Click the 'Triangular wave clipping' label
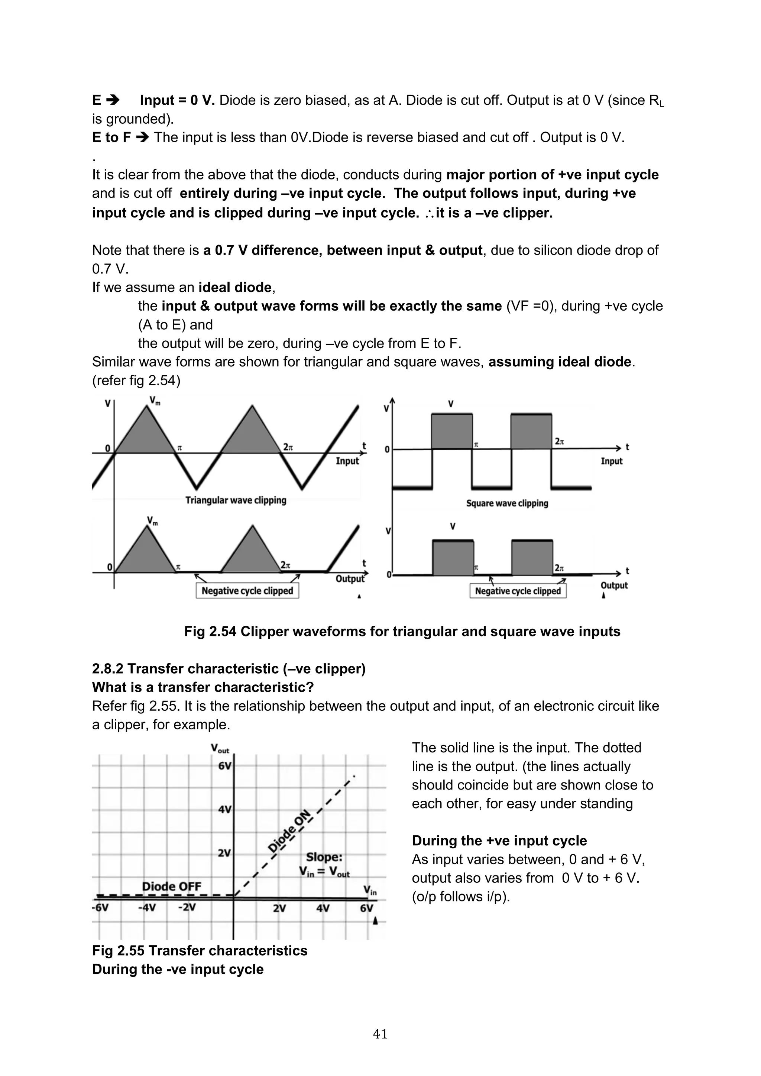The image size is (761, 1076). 235,500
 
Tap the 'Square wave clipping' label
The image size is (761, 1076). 506,503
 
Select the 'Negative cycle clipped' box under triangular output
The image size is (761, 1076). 247,590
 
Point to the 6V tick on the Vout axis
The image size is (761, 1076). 224,766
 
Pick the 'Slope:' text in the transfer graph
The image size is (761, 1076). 324,857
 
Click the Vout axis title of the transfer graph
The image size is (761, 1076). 220,748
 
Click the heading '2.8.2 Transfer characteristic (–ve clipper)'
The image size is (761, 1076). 229,668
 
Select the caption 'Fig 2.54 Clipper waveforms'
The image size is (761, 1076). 402,631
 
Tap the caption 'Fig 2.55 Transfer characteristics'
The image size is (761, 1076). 200,950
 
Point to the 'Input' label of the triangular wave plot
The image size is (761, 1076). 347,461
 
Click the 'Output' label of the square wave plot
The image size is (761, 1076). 613,585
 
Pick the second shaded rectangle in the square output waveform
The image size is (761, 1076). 532,558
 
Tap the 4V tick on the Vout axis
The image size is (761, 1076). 224,809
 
